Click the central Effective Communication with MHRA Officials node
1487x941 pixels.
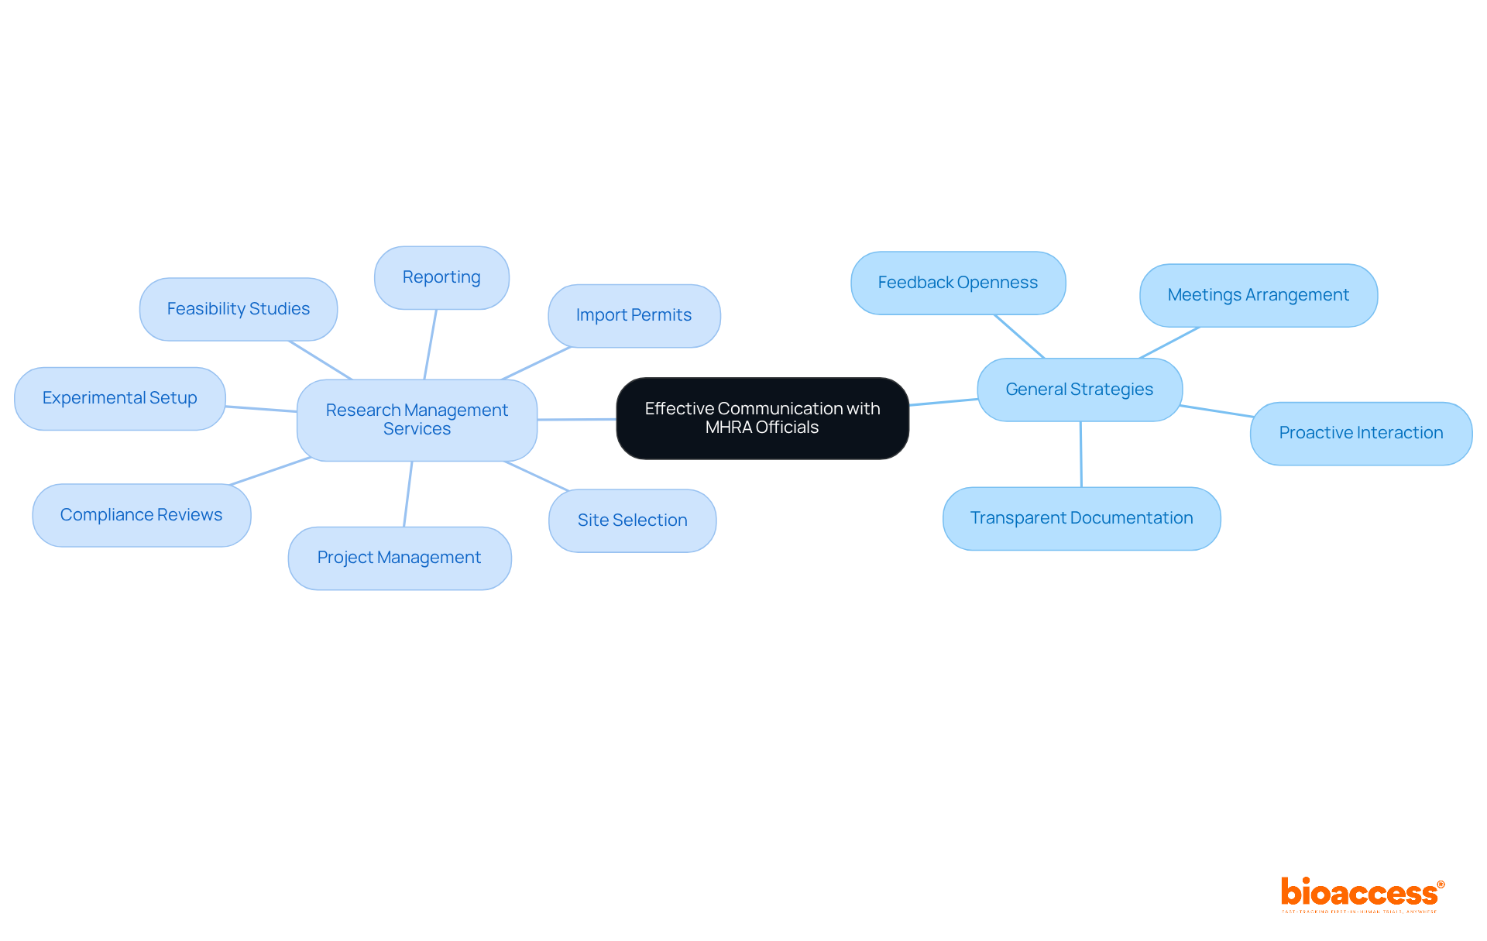tap(762, 418)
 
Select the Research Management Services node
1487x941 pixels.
tap(417, 420)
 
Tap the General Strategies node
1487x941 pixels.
tap(1079, 390)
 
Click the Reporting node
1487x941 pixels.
tap(441, 277)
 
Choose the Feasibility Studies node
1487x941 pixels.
tap(238, 309)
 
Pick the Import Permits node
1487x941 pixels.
tap(634, 315)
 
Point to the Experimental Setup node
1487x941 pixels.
tap(119, 398)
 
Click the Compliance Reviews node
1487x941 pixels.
tap(141, 515)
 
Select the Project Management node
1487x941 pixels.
tap(399, 558)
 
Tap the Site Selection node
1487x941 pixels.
tap(632, 520)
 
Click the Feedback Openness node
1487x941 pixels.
tap(957, 283)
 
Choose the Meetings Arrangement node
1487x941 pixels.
tap(1258, 295)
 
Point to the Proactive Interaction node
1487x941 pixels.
tap(1361, 433)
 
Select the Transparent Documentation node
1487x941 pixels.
tap(1081, 518)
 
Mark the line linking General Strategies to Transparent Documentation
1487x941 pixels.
tap(1080, 454)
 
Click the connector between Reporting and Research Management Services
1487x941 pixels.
tap(430, 345)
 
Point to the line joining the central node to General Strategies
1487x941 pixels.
tap(943, 402)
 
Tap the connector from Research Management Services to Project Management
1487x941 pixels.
tap(407, 494)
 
